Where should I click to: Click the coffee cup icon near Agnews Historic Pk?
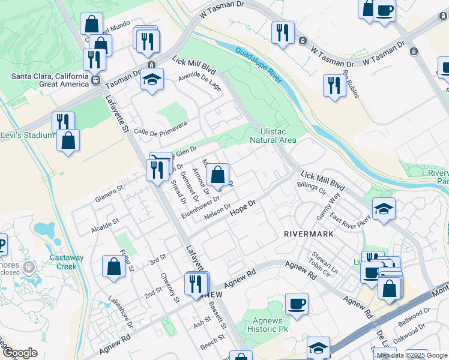click(x=297, y=303)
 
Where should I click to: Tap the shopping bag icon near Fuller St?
click(x=113, y=266)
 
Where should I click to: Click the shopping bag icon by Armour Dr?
click(x=218, y=175)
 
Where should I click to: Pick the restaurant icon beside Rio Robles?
click(x=333, y=85)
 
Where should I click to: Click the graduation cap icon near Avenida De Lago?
click(x=152, y=80)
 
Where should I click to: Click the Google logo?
click(x=19, y=353)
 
